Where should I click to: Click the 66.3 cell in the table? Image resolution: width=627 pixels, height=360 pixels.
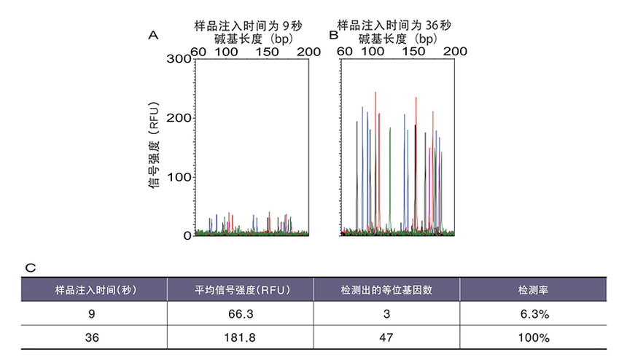tap(241, 314)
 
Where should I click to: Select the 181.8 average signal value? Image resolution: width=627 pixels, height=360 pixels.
tap(240, 338)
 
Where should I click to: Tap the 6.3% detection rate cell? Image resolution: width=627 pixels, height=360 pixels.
tap(534, 314)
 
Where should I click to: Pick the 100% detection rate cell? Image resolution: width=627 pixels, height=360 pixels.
tap(534, 338)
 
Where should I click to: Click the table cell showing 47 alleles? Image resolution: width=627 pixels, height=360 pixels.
tap(386, 338)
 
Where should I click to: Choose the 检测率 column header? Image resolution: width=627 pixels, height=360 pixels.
tap(533, 290)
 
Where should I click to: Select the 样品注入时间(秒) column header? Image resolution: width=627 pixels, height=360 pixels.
tap(96, 290)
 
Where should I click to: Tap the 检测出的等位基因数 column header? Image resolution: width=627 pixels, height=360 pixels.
tap(386, 290)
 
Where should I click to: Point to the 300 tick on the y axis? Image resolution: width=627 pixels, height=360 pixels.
tap(179, 59)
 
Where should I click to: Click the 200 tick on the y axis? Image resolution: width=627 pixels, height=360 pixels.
tap(179, 118)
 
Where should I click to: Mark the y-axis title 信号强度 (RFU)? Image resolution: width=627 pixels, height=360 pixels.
tap(154, 145)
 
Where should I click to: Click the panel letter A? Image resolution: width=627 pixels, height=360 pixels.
tap(153, 36)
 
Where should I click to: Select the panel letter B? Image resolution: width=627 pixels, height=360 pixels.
tap(333, 35)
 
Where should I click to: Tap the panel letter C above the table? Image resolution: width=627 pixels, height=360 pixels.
tap(31, 268)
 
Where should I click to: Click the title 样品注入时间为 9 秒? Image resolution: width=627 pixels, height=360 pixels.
tap(249, 26)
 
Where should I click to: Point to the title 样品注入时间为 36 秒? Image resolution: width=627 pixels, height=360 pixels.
tap(394, 26)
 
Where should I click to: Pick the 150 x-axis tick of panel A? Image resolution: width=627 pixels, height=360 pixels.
tap(267, 52)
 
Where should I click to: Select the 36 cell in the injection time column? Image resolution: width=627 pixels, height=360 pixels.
tap(92, 338)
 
